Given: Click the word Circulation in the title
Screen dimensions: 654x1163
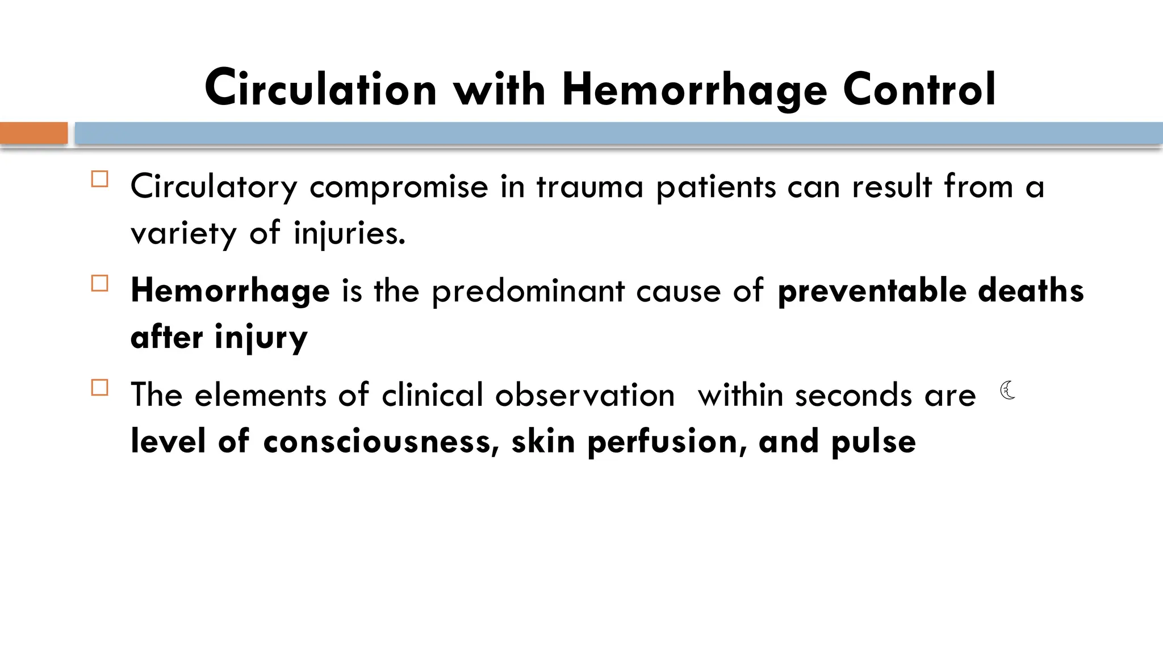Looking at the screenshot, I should click(x=321, y=89).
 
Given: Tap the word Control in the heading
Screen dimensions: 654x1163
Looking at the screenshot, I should click(x=919, y=89).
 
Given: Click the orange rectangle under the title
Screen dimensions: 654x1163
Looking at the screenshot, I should click(x=34, y=133).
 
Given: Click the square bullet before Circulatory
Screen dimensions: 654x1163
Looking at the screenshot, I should click(x=99, y=179).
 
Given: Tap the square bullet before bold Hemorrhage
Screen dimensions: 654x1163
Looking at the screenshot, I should click(x=99, y=283).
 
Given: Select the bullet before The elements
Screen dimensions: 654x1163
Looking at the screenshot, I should click(x=99, y=388).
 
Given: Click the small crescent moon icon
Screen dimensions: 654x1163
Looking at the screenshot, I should click(x=1008, y=390).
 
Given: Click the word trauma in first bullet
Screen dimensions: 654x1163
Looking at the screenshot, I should click(x=589, y=187).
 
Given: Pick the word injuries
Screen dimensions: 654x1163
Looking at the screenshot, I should click(x=349, y=234).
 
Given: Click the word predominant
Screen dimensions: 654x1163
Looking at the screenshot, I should click(x=528, y=292).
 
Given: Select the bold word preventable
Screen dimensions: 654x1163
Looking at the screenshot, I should click(x=872, y=291).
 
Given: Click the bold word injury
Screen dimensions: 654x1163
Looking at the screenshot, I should click(x=261, y=338).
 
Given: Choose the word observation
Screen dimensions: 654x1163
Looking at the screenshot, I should click(x=585, y=395).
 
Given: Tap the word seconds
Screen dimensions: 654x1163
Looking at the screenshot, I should click(x=853, y=395).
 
